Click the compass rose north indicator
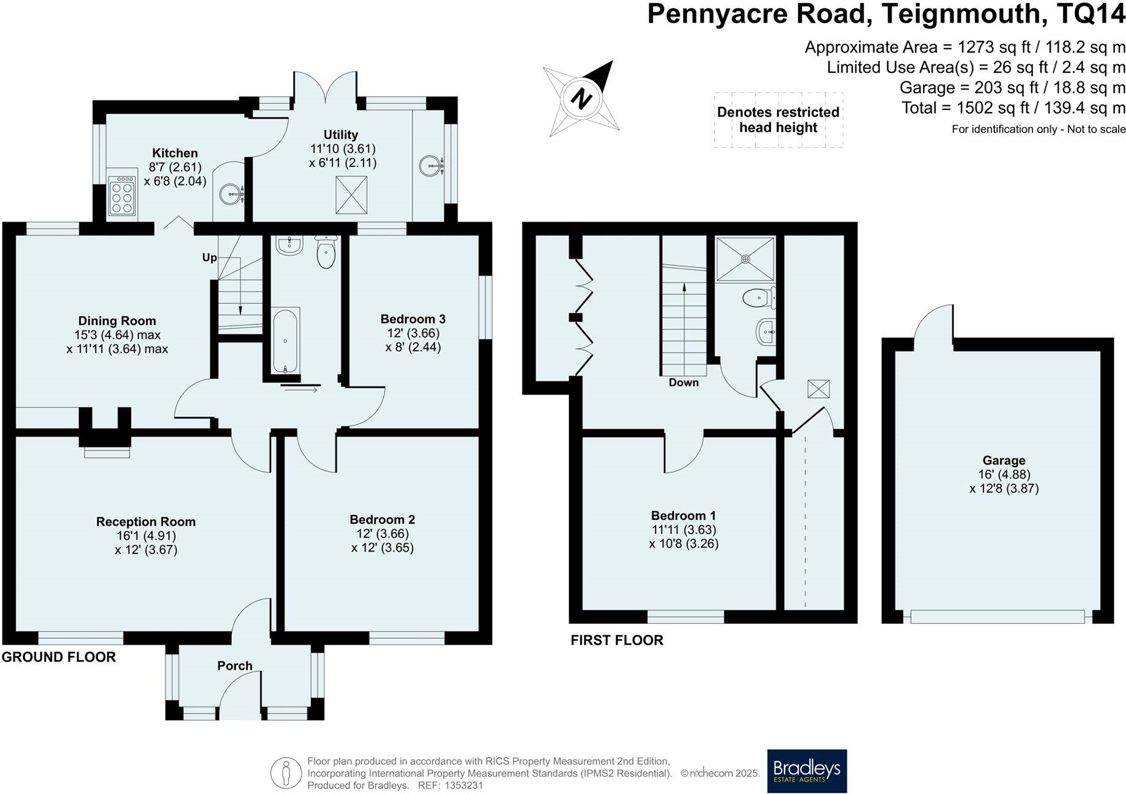582,98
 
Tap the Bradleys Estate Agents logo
807,771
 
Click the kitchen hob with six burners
121,196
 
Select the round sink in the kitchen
233,196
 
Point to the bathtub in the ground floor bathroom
285,340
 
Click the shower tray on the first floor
745,260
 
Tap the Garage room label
1004,460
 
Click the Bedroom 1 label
683,515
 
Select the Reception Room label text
146,522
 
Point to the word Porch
235,665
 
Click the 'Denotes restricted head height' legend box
778,120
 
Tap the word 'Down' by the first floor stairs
684,383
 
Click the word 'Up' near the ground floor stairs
209,258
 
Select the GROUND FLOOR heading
59,657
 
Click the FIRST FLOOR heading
617,640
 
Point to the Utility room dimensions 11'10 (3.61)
343,149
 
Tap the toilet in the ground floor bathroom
326,252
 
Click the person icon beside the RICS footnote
286,773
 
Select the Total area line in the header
1013,108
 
